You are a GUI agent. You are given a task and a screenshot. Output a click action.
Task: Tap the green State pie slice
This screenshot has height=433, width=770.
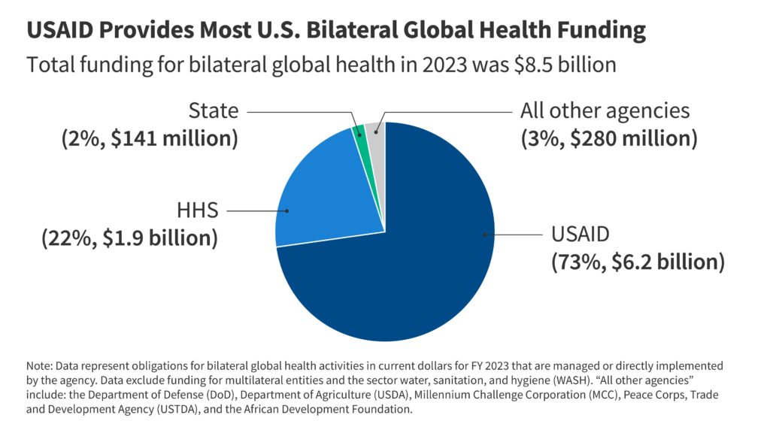pyautogui.click(x=359, y=131)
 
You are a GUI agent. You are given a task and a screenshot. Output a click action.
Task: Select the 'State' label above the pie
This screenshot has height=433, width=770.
pyautogui.click(x=214, y=112)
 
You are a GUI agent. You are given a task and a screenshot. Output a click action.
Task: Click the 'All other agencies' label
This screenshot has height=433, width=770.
pyautogui.click(x=605, y=111)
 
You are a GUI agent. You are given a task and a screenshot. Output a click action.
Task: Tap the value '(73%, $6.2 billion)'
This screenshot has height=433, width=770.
pyautogui.click(x=638, y=262)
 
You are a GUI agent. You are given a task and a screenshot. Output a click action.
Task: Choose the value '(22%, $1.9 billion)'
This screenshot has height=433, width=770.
pyautogui.click(x=129, y=238)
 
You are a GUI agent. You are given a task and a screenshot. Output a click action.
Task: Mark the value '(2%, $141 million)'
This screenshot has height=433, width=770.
pyautogui.click(x=149, y=139)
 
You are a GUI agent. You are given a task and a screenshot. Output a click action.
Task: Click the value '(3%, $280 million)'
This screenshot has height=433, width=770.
pyautogui.click(x=608, y=139)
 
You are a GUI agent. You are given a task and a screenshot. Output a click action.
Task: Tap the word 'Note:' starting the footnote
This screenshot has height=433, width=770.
pyautogui.click(x=41, y=363)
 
